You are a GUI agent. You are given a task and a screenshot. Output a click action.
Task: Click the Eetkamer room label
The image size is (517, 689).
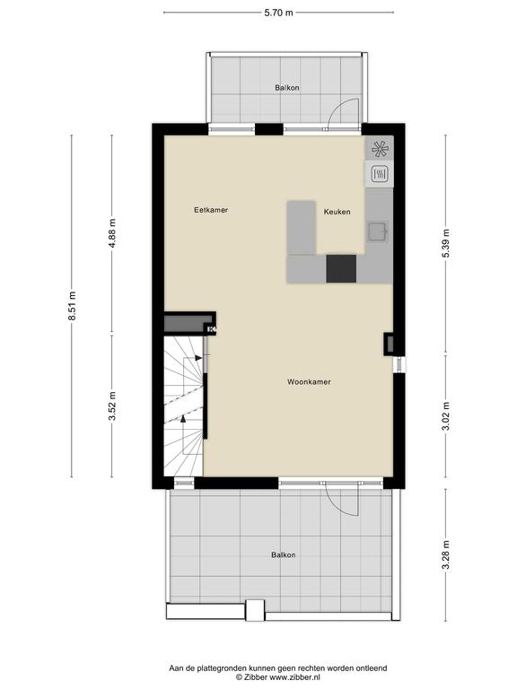[211, 210]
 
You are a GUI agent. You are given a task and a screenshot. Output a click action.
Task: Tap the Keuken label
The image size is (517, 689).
[337, 212]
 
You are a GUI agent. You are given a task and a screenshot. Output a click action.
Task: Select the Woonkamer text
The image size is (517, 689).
[309, 382]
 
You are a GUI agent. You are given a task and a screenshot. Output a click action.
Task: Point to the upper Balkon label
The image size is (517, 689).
[287, 88]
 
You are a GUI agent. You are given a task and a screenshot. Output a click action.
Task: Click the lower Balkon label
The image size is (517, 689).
[284, 555]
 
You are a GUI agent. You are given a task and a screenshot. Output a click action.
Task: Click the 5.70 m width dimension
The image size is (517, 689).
[278, 13]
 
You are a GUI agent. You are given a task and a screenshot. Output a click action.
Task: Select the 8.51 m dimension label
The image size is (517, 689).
[73, 306]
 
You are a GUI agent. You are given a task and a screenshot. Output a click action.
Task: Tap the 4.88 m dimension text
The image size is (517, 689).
[112, 233]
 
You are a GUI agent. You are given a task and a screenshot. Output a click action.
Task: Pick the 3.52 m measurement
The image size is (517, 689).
[112, 406]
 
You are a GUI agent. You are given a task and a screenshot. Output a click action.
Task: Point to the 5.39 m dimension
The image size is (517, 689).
[446, 243]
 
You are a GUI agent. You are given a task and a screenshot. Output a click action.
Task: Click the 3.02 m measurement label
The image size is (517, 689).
[446, 416]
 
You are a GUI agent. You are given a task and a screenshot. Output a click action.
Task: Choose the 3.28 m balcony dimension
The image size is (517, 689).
[446, 554]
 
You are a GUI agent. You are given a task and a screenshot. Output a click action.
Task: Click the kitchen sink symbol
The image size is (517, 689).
[378, 231]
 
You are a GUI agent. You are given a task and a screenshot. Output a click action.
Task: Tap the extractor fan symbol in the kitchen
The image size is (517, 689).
[380, 149]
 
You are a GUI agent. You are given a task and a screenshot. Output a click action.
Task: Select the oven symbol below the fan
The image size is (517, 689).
[380, 174]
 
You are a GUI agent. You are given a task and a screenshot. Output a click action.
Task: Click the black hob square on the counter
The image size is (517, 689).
[341, 268]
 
